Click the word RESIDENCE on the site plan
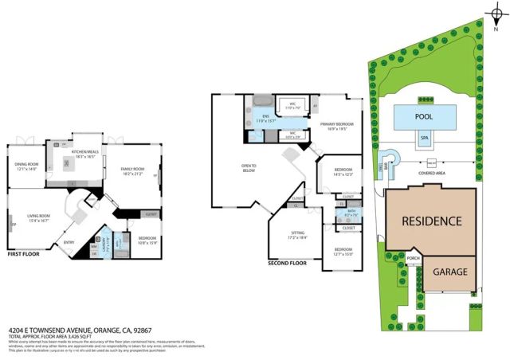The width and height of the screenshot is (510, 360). [431, 221]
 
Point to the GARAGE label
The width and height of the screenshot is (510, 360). [450, 272]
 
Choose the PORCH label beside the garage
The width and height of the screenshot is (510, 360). [413, 258]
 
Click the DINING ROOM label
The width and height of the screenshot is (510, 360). [28, 166]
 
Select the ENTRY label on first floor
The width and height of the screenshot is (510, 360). [69, 243]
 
